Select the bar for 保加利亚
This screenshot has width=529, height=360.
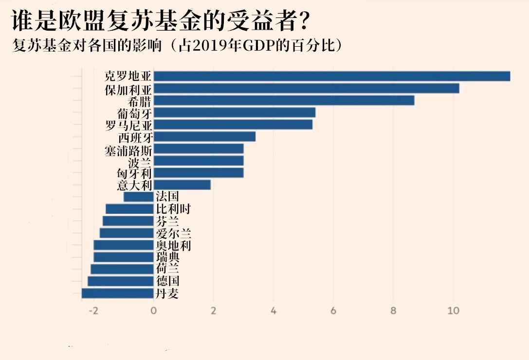pyautogui.click(x=306, y=89)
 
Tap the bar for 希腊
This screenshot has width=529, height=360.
pyautogui.click(x=284, y=100)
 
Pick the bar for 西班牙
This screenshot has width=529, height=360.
pyautogui.click(x=204, y=137)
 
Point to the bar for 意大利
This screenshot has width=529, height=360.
pyautogui.click(x=182, y=185)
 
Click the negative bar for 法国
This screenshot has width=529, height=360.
pyautogui.click(x=139, y=197)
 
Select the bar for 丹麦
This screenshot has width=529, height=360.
pyautogui.click(x=117, y=293)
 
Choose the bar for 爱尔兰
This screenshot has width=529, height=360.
pyautogui.click(x=127, y=233)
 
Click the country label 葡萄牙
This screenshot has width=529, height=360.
pyautogui.click(x=135, y=113)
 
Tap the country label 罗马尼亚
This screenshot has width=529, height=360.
pyautogui.click(x=128, y=125)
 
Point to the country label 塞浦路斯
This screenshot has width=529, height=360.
pyautogui.click(x=128, y=149)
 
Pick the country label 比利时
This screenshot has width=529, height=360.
pyautogui.click(x=173, y=209)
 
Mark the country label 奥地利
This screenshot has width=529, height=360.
pyautogui.click(x=173, y=245)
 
